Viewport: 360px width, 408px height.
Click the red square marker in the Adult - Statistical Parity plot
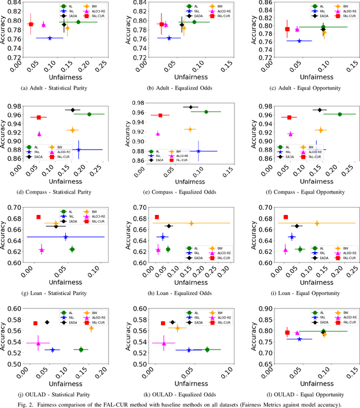pos(31,24)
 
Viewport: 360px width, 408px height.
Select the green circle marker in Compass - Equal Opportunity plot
pos(339,114)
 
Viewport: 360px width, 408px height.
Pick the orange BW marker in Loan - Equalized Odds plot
pos(191,223)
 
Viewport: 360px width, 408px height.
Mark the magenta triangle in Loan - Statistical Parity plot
pos(41,250)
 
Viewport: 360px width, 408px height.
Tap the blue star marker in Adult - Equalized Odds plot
pos(169,38)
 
